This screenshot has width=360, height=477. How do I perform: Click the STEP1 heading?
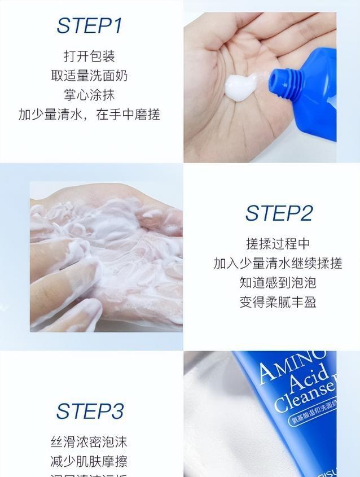[89, 26]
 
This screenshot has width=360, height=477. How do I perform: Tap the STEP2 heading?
[278, 213]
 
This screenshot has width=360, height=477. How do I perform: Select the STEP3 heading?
[89, 412]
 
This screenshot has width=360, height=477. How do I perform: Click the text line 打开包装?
[89, 56]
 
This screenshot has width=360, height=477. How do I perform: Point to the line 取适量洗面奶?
[89, 75]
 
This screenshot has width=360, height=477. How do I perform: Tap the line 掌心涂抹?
[89, 94]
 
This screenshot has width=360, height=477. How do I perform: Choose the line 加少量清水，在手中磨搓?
[89, 114]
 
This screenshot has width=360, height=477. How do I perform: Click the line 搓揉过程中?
[278, 243]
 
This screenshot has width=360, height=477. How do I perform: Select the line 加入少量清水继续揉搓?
[278, 263]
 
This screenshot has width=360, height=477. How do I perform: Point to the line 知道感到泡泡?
[278, 282]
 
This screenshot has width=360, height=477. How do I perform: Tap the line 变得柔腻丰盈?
[278, 301]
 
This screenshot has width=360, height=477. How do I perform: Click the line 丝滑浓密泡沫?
[89, 442]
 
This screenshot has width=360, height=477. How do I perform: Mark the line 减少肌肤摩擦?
[89, 461]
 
